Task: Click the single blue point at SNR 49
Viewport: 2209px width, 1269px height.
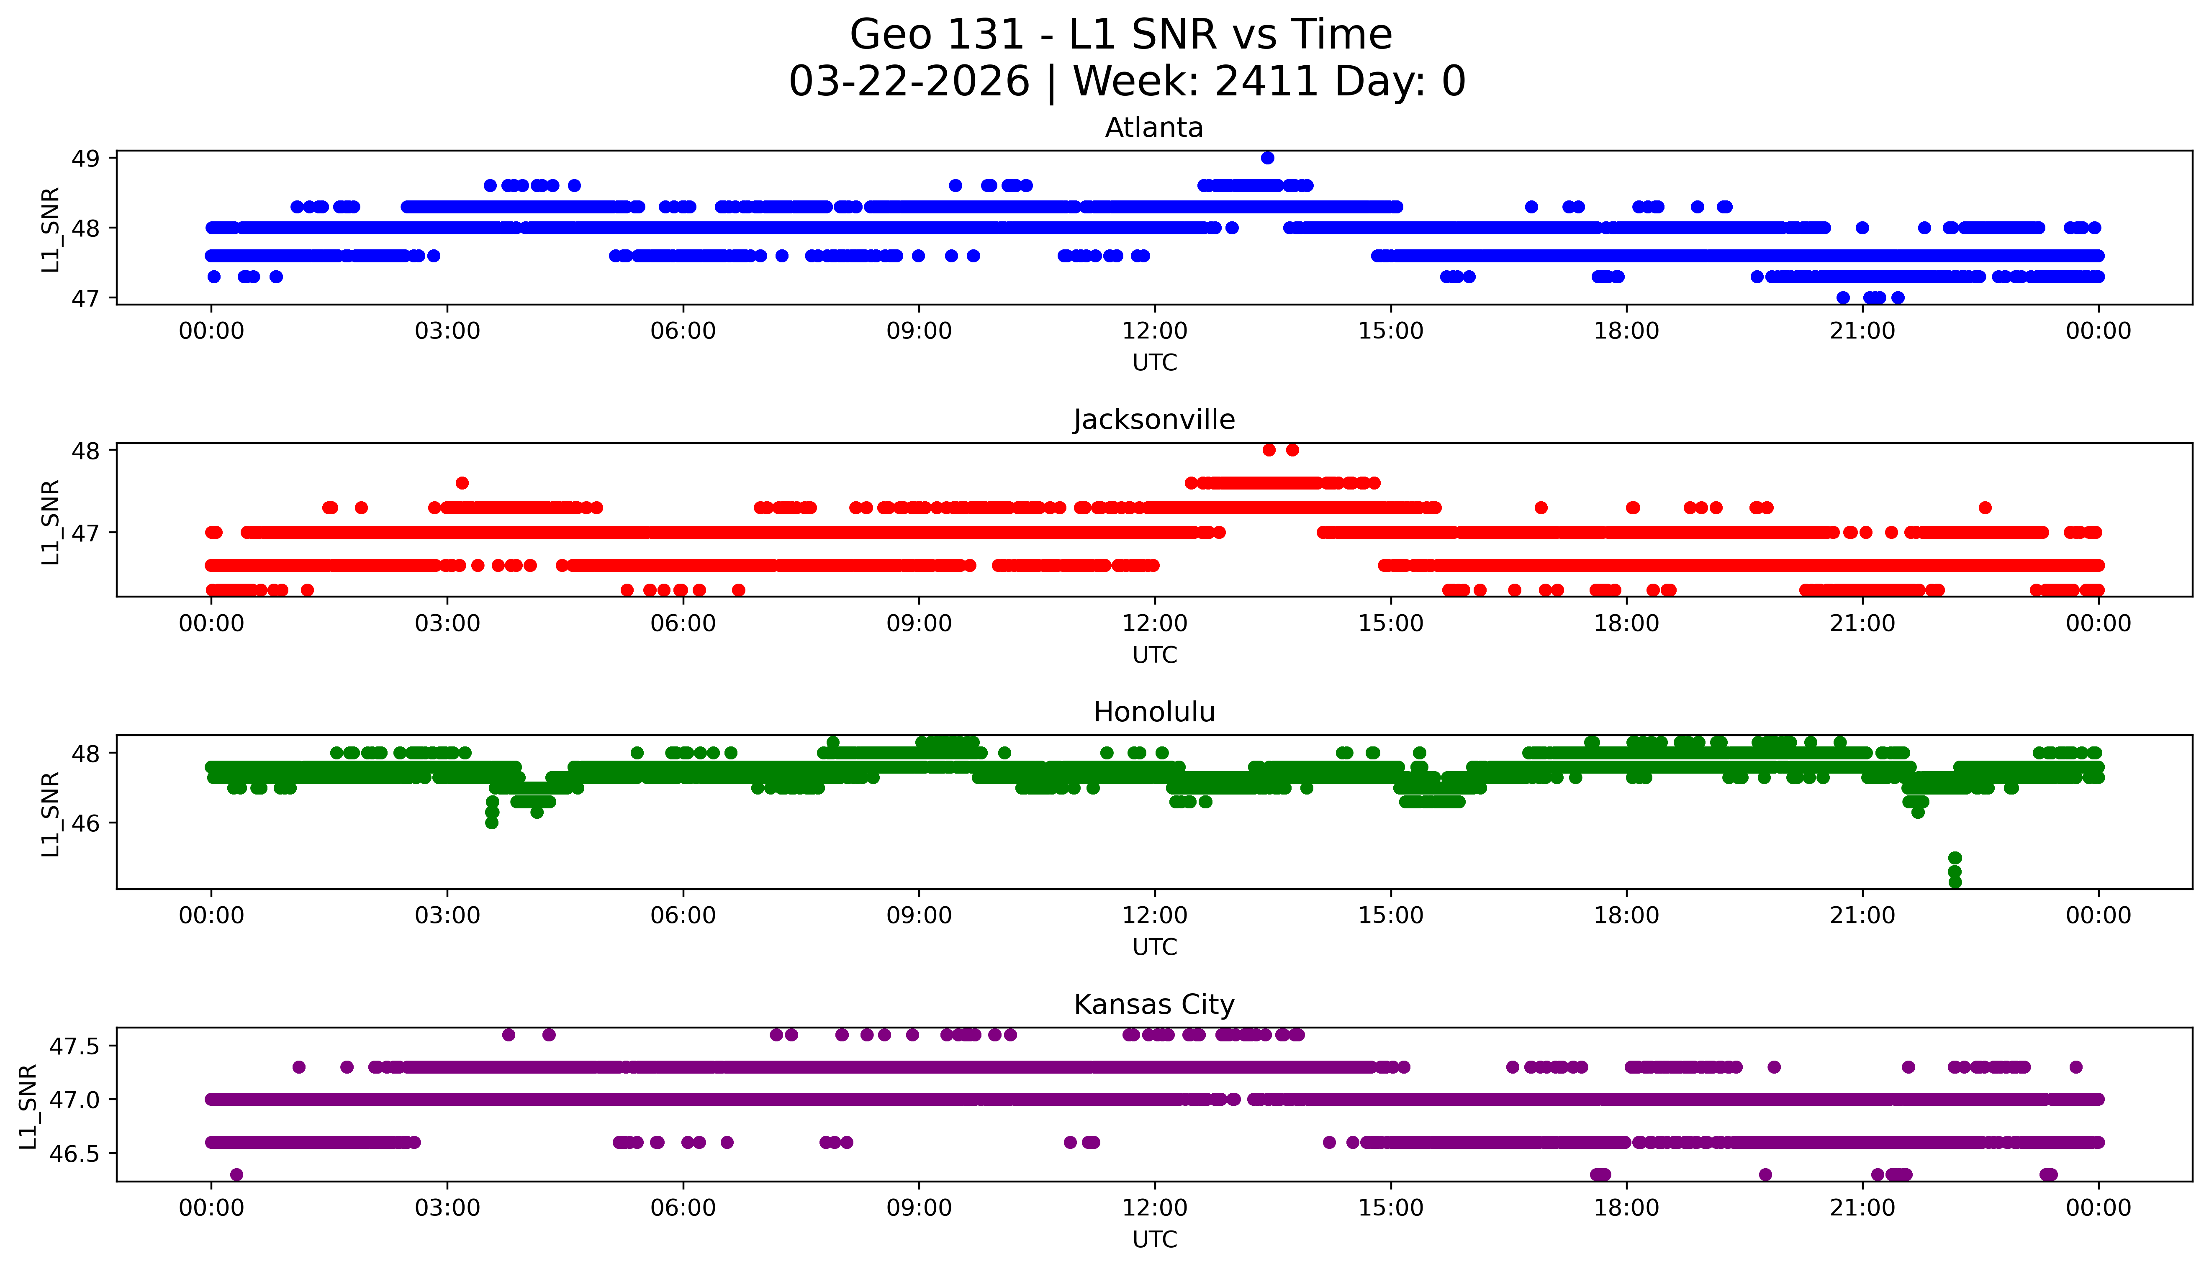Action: point(1267,158)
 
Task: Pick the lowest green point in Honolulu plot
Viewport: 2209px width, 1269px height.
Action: point(1955,882)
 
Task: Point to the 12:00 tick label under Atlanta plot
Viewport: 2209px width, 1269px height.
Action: point(1154,331)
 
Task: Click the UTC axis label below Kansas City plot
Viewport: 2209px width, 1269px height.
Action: point(1154,1239)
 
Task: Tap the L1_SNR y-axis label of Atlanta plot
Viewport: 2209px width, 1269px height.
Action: point(51,229)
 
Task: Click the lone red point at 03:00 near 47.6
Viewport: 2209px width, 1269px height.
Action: point(462,483)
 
